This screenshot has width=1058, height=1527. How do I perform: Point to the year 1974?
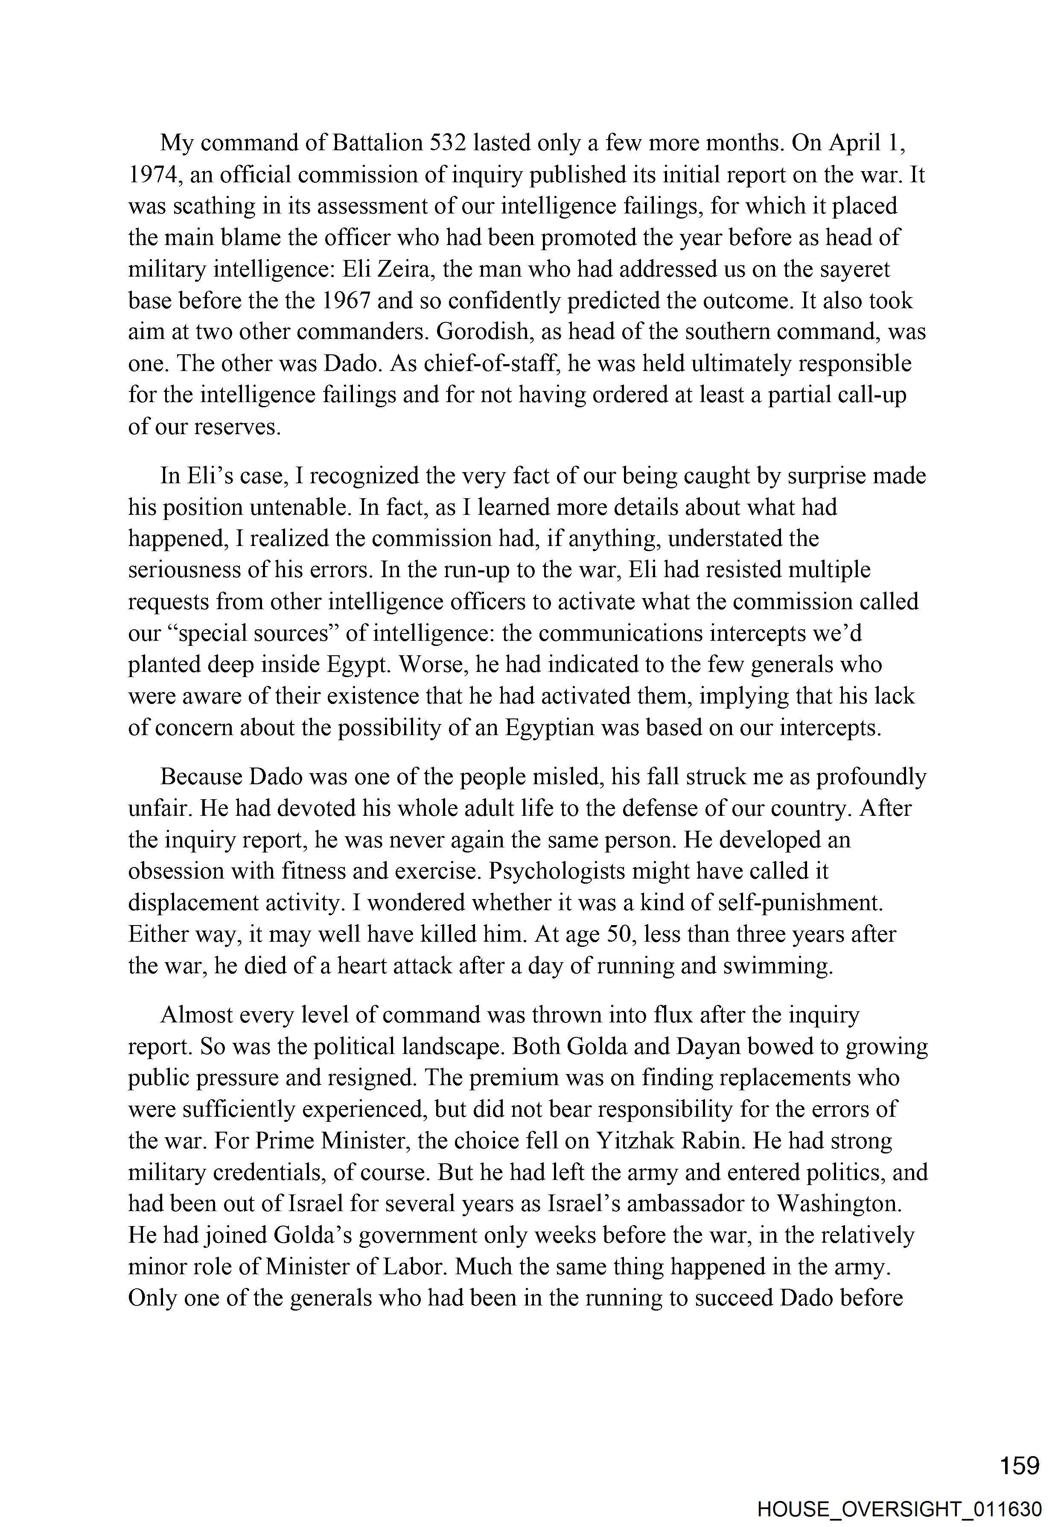coord(151,175)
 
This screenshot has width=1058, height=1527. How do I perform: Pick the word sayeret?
coord(852,270)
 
